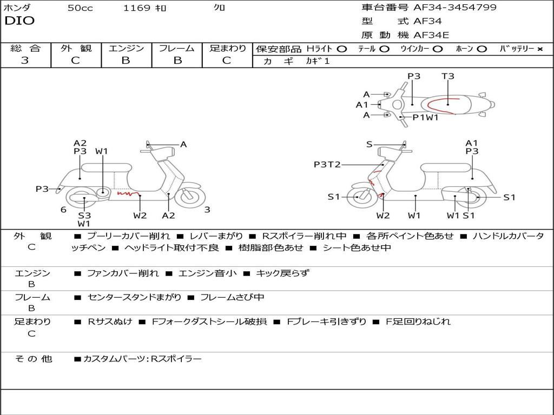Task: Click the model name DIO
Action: coord(19,21)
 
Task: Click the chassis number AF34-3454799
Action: coord(455,8)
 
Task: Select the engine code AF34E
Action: coord(431,35)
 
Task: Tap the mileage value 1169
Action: coord(137,8)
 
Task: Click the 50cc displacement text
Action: coord(80,8)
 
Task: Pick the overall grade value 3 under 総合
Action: coord(25,61)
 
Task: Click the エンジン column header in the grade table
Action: coord(126,48)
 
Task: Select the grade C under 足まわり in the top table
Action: coord(227,61)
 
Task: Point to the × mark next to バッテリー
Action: coord(540,49)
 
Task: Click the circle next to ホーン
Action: coord(482,49)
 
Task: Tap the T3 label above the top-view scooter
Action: coord(447,76)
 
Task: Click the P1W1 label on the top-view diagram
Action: coord(425,117)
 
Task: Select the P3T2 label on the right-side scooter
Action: coord(327,164)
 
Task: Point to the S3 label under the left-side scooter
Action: coord(84,215)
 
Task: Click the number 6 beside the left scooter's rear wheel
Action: coord(64,210)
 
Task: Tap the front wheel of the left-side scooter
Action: coord(190,197)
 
